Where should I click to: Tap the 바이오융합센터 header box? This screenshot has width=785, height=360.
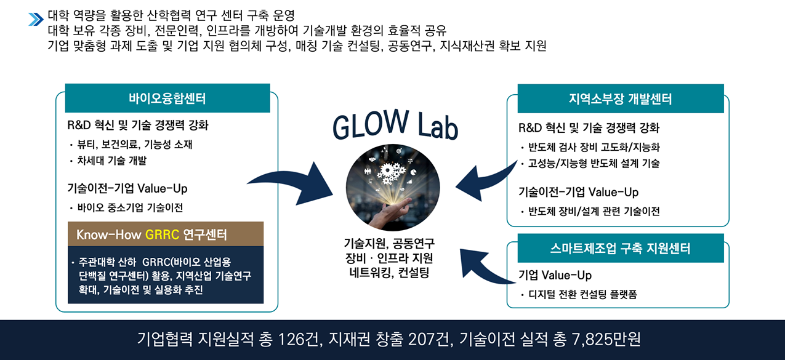tap(167, 98)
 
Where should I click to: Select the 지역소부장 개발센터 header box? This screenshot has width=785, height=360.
tap(620, 98)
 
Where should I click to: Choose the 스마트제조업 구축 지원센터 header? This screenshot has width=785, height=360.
tap(620, 248)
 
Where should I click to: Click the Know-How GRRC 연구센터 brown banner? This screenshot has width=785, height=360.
tap(166, 234)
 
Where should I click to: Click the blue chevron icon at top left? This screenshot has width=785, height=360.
tap(35, 19)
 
